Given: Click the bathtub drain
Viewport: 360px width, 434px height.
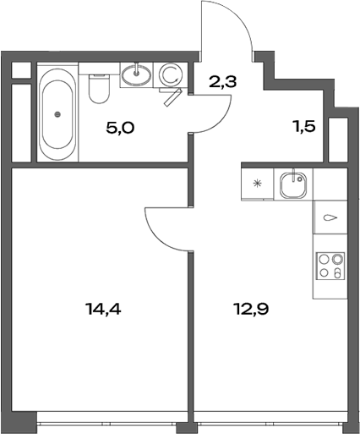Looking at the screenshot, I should [x=57, y=113].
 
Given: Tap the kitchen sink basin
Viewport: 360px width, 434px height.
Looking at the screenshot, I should [x=295, y=184].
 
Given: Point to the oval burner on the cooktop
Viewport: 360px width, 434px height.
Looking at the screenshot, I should [x=337, y=274].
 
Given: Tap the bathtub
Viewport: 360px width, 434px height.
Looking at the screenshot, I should [x=57, y=113].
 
